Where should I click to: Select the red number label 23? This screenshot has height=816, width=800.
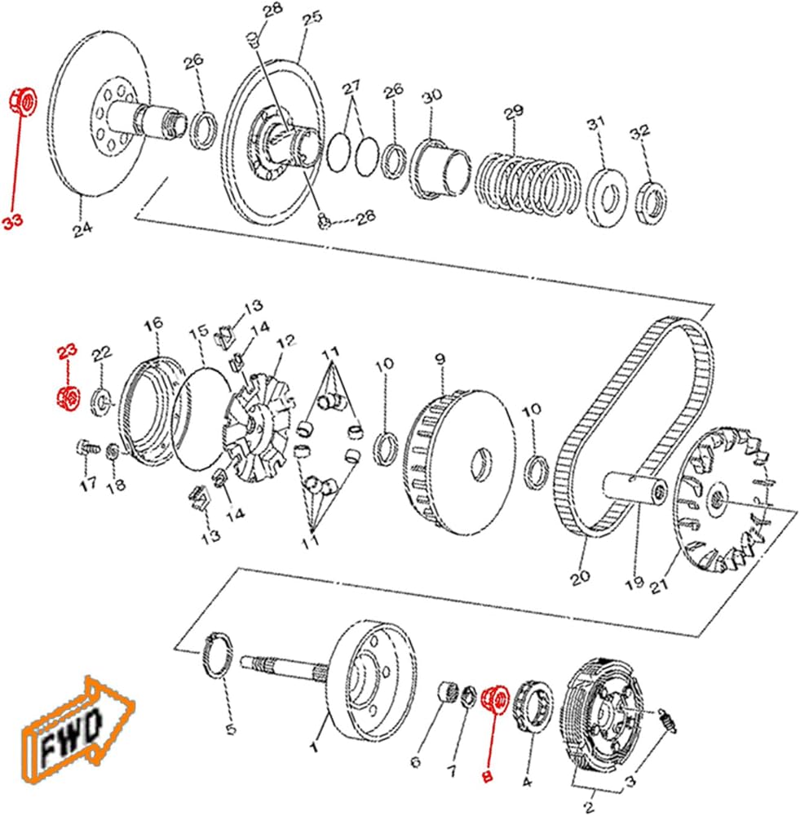67,352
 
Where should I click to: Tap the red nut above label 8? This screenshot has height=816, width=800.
495,701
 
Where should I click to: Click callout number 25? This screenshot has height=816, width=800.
312,19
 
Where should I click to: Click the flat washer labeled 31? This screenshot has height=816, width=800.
606,197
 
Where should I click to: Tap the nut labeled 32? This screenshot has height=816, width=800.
652,203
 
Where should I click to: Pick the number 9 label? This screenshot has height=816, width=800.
440,359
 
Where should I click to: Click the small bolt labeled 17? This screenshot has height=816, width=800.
87,447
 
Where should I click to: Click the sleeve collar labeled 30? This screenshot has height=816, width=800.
440,169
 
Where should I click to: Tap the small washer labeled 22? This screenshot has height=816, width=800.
101,401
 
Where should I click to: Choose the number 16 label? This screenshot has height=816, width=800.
153,324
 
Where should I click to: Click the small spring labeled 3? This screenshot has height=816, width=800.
667,721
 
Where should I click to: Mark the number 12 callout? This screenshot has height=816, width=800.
285,341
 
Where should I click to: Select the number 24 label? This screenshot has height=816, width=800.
82,228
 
